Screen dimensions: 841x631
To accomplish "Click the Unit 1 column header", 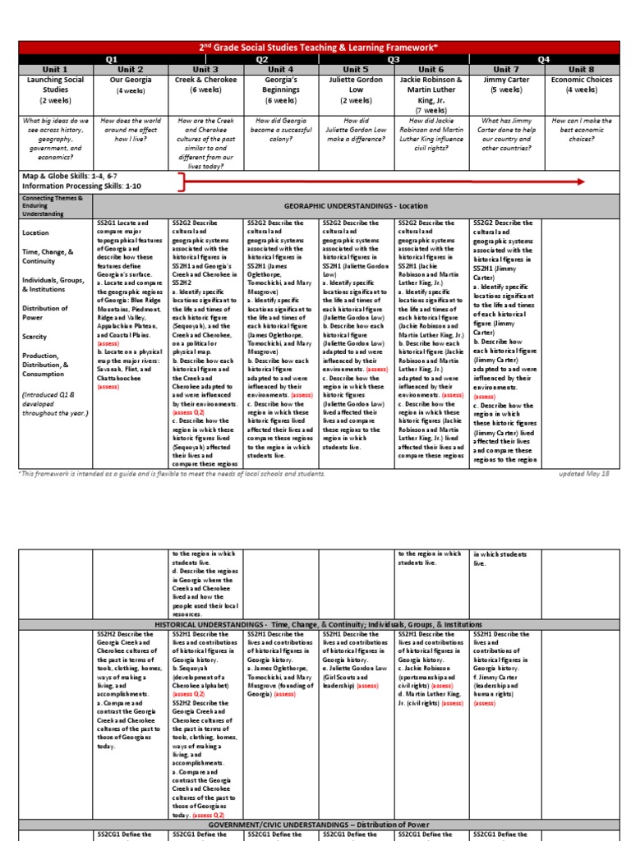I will pyautogui.click(x=55, y=70).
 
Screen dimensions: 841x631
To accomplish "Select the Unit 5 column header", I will pyautogui.click(x=356, y=70).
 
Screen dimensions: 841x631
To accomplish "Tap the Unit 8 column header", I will pyautogui.click(x=581, y=70).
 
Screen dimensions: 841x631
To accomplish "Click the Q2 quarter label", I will pyautogui.click(x=262, y=59).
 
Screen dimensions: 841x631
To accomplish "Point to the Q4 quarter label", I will pyautogui.click(x=543, y=59).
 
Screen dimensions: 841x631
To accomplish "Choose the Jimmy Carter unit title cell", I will pyautogui.click(x=505, y=85).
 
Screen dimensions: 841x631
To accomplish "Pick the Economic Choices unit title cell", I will pyautogui.click(x=581, y=85).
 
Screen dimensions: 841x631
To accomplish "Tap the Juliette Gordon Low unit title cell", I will pyautogui.click(x=356, y=85).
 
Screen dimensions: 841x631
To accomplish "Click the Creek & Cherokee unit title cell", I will pyautogui.click(x=205, y=85).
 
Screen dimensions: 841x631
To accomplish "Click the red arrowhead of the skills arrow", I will pyautogui.click(x=579, y=181).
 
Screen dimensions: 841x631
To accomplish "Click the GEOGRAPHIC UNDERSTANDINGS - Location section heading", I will pyautogui.click(x=355, y=206).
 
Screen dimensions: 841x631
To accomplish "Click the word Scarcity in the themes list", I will pyautogui.click(x=36, y=337).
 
